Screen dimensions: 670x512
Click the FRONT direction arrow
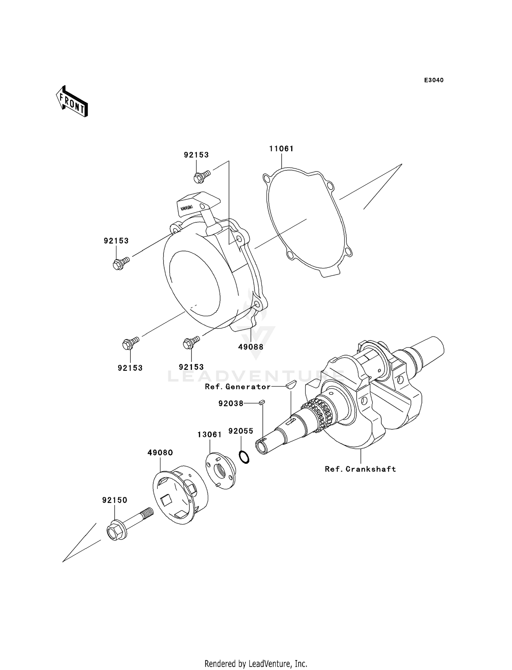tap(72, 102)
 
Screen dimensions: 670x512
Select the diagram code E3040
tap(433, 80)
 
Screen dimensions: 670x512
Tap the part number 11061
tap(281, 149)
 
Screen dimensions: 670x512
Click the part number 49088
tap(251, 347)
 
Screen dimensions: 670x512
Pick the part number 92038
tap(231, 404)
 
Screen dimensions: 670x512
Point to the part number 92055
tap(241, 431)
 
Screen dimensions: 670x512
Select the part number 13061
tap(210, 435)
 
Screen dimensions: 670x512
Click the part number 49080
tap(160, 452)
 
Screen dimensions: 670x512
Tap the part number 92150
tap(115, 500)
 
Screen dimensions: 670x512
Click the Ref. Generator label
tap(238, 387)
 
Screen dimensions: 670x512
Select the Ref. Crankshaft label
tap(360, 469)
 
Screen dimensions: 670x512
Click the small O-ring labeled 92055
tap(244, 457)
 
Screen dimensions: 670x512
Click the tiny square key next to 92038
tap(262, 402)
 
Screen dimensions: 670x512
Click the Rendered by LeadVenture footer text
tap(256, 664)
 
